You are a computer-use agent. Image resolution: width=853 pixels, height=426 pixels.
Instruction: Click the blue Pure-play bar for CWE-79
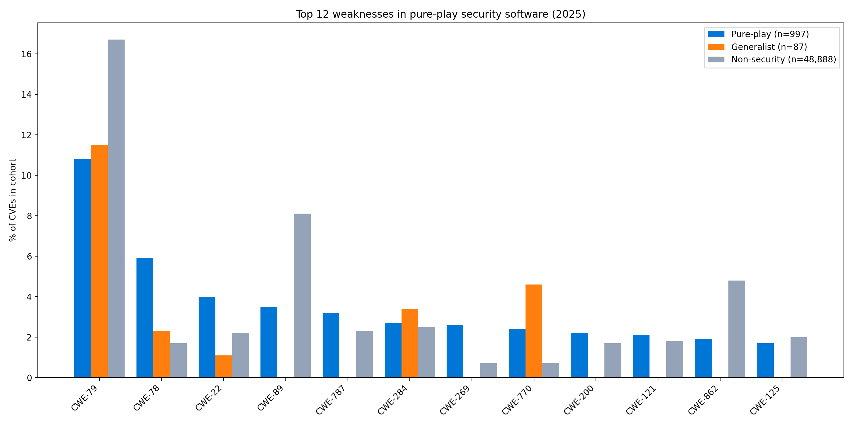pos(83,268)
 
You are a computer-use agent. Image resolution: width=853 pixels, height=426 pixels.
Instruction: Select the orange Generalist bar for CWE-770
pos(534,331)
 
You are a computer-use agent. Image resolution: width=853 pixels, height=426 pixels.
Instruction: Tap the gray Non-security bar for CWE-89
pos(302,295)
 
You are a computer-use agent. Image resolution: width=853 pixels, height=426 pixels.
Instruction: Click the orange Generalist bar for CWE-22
pos(224,366)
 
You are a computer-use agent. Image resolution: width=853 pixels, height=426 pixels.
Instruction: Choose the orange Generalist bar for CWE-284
pos(410,343)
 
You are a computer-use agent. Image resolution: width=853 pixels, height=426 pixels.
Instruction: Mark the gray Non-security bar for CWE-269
pos(488,370)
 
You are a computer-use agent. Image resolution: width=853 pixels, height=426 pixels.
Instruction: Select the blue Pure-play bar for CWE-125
pos(765,360)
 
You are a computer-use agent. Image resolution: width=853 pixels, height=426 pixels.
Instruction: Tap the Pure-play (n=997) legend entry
pos(758,34)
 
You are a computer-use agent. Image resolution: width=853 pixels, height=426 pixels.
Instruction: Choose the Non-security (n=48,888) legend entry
pos(772,60)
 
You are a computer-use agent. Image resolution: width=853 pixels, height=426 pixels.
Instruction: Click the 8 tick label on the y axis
pos(30,216)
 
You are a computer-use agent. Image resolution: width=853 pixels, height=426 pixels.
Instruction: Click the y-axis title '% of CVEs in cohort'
pos(12,200)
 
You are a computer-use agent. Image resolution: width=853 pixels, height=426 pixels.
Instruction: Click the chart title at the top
pos(441,14)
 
